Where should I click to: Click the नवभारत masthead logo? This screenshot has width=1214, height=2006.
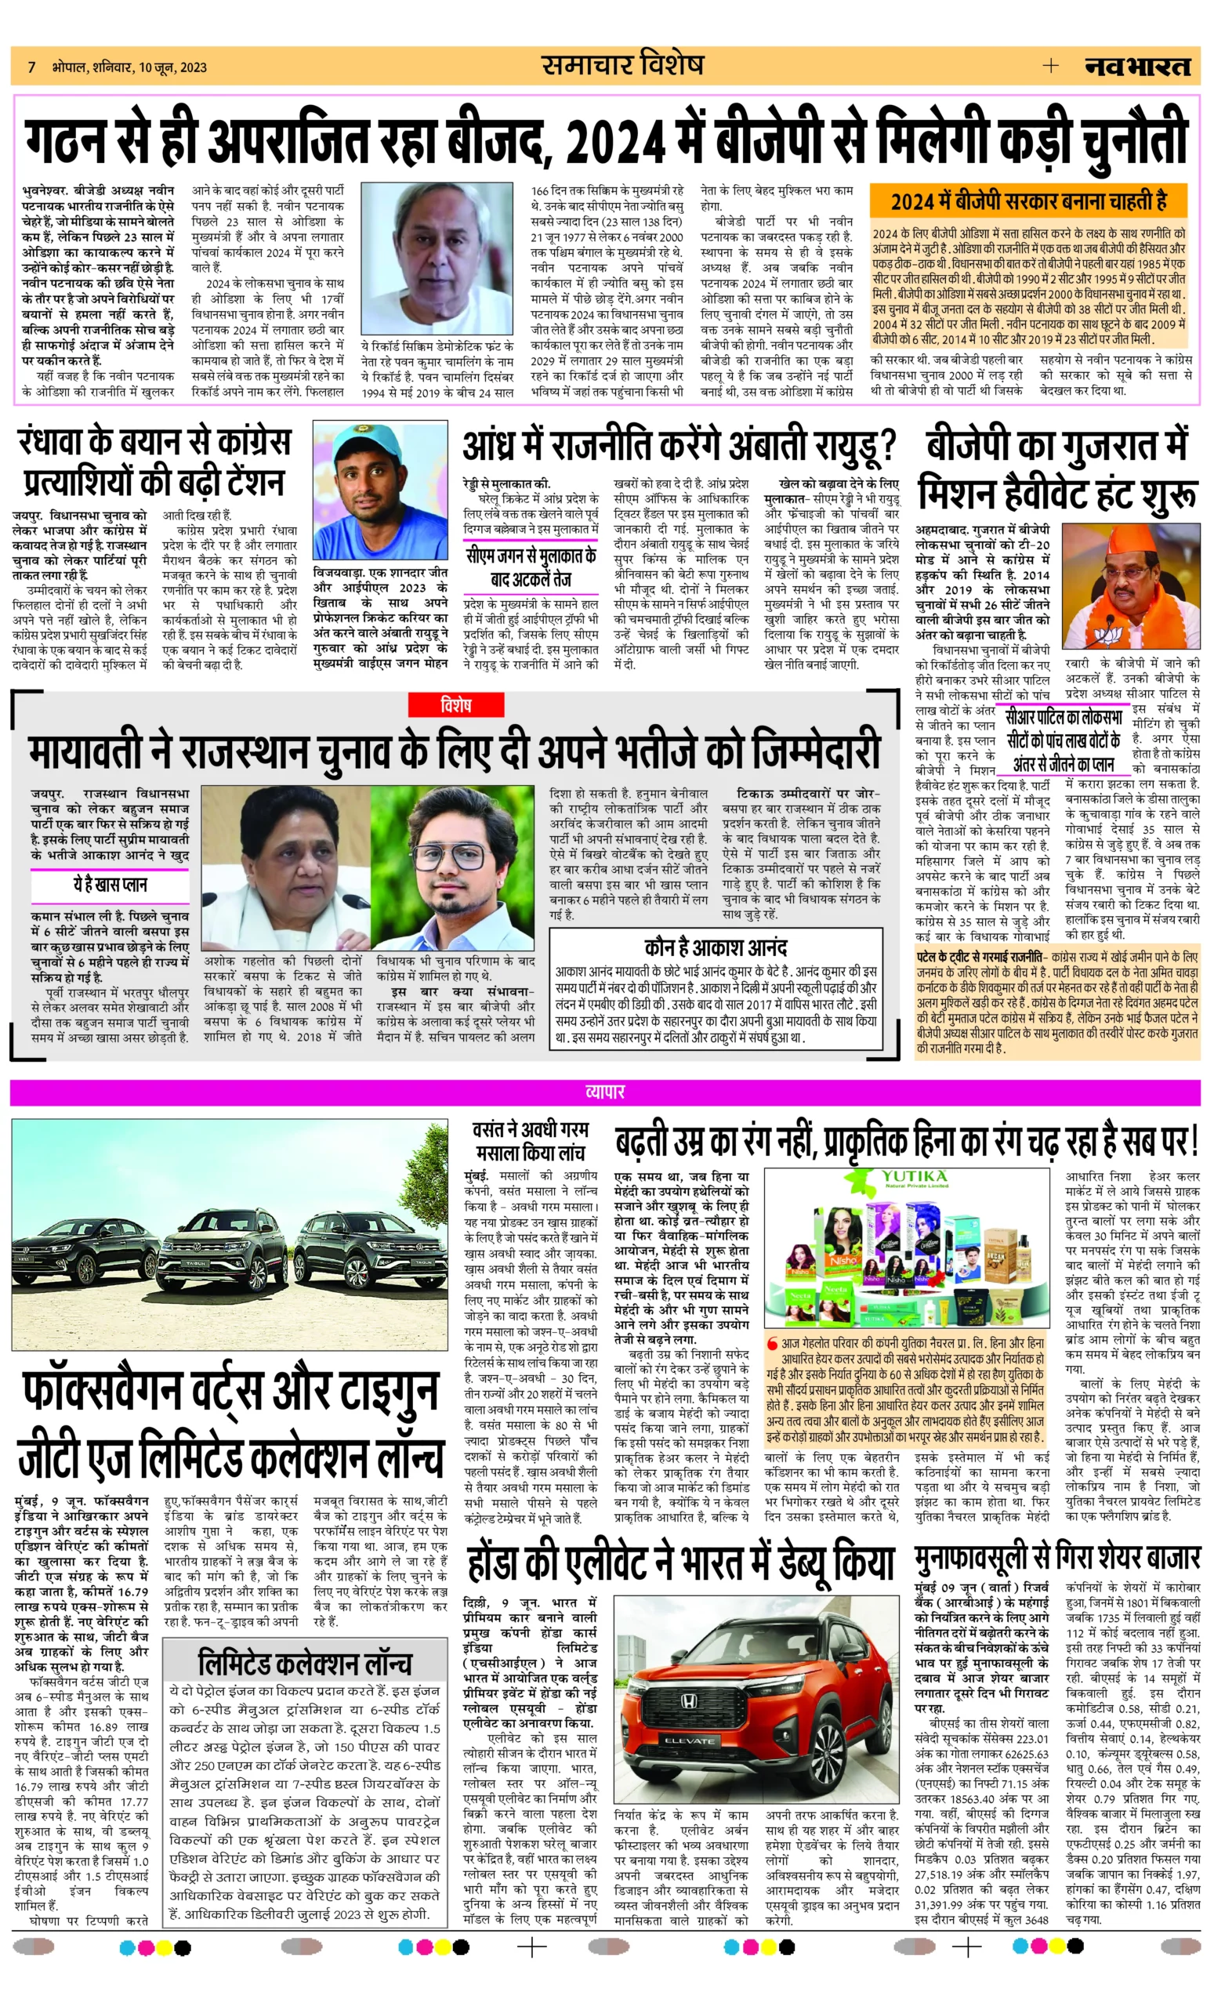[x=1136, y=67]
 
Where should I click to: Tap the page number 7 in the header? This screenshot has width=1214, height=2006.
[x=32, y=67]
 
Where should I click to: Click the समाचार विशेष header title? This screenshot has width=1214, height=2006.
[x=622, y=65]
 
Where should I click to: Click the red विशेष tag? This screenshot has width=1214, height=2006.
[x=455, y=705]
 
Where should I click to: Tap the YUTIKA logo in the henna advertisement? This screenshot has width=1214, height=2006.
[x=914, y=1177]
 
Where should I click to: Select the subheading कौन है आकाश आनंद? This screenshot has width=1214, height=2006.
[x=715, y=947]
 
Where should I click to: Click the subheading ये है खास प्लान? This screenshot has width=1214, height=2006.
[x=110, y=885]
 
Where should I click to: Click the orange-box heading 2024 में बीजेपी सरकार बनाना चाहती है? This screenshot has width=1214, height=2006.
[x=1028, y=201]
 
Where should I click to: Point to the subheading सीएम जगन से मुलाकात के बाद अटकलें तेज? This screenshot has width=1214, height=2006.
[x=531, y=567]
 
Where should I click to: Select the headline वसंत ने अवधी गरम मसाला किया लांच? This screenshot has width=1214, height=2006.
[x=530, y=1141]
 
